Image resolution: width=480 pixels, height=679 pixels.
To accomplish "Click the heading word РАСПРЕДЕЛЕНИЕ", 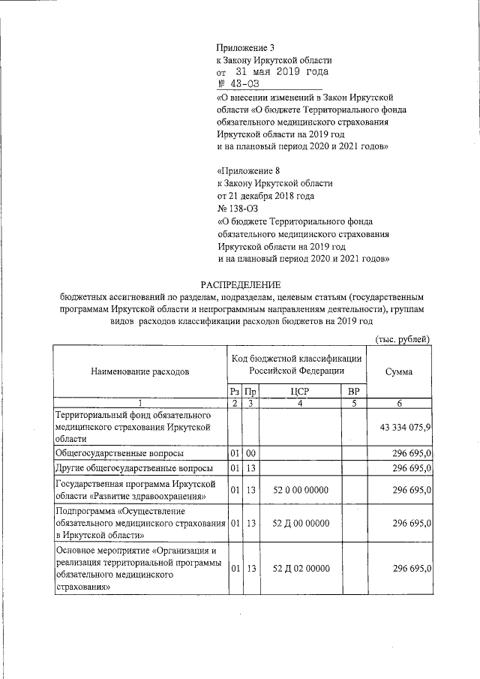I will click(x=240, y=284).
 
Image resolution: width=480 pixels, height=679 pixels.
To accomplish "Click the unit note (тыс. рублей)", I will click(x=402, y=338).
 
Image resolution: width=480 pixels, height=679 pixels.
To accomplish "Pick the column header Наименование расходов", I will click(x=139, y=371).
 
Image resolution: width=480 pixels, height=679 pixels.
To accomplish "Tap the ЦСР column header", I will click(x=299, y=392).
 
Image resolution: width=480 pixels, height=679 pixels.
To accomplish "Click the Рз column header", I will click(x=234, y=392).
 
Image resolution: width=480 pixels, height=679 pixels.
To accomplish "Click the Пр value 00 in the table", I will click(x=251, y=453).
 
